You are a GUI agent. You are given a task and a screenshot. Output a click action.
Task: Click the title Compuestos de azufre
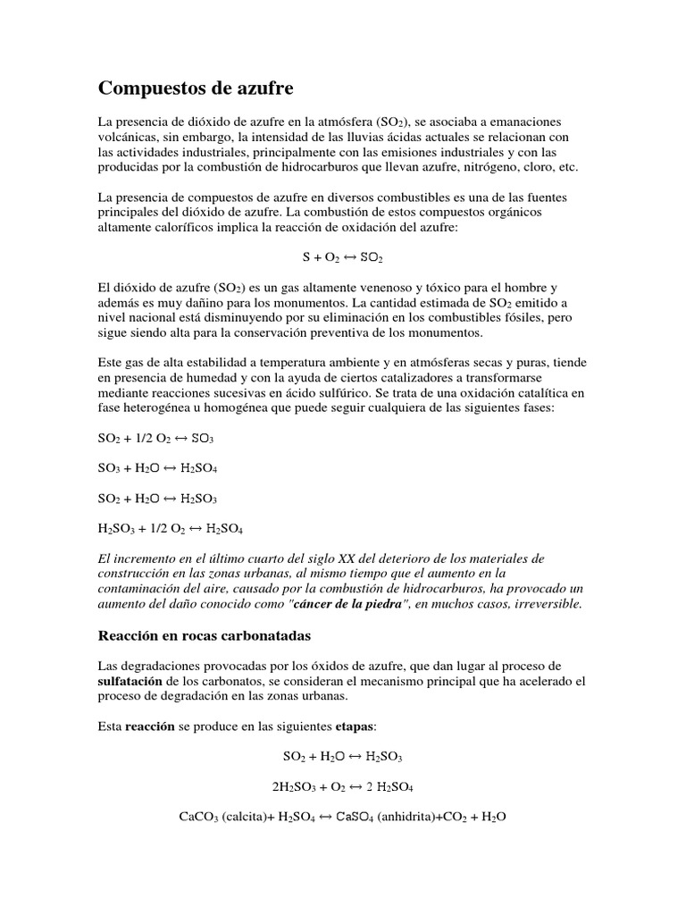coord(195,88)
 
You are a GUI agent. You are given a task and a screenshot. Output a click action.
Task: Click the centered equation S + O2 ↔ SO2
coord(343,257)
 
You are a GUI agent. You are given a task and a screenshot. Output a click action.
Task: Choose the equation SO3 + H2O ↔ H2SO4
coord(157,468)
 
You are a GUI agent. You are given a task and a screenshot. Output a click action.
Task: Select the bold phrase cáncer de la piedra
coord(356,604)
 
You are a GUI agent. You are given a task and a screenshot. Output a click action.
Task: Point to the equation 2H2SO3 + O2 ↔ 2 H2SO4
coord(343,786)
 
